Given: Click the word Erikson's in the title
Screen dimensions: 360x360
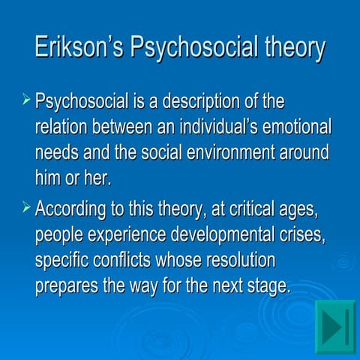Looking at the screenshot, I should (79, 47).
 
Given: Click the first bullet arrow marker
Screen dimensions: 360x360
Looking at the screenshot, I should (26, 99).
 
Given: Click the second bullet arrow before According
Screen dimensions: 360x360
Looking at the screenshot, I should (26, 206).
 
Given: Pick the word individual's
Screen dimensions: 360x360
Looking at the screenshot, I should (217, 127).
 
